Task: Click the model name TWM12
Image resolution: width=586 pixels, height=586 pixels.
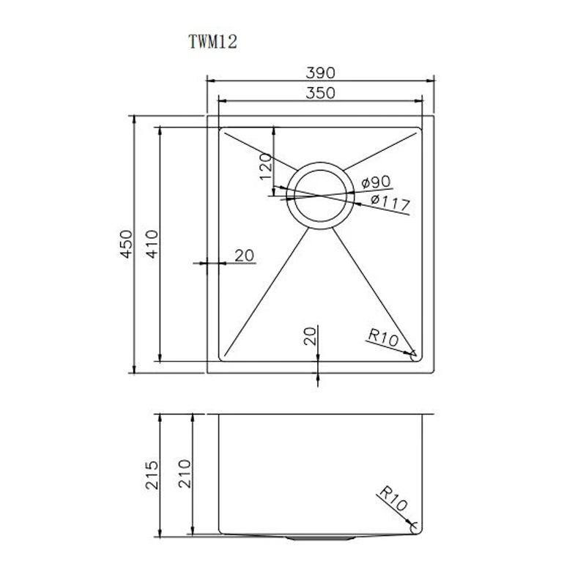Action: pos(213,42)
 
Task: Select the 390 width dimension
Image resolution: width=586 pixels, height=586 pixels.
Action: pos(320,73)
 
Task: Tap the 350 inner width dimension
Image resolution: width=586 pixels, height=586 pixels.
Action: pos(320,93)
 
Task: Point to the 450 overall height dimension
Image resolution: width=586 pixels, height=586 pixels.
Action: pos(126,244)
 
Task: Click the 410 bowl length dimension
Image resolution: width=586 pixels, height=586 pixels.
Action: pos(152,244)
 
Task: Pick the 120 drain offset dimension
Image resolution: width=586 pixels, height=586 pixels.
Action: pos(266,166)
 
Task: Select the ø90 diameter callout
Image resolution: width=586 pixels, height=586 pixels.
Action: pos(376,182)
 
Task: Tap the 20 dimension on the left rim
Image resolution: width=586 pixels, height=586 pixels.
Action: pos(245,256)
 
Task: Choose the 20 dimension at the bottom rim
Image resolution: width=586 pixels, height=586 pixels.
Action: pos(310,335)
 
